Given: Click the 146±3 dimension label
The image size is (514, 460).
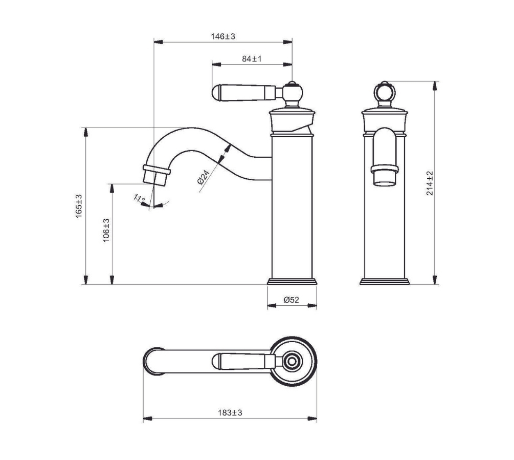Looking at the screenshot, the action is point(223,36).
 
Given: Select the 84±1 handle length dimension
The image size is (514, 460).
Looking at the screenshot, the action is point(252,59).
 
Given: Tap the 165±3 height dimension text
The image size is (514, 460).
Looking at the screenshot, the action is point(79,206).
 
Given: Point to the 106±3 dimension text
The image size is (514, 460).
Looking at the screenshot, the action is point(106,230).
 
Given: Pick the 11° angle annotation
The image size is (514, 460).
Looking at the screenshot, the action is point(139,198).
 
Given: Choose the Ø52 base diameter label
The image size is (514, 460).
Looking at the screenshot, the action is point(292,300).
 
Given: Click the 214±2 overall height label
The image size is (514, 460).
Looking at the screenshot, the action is point(430,183).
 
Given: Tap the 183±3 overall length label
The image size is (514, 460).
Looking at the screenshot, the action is point(230,412).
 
